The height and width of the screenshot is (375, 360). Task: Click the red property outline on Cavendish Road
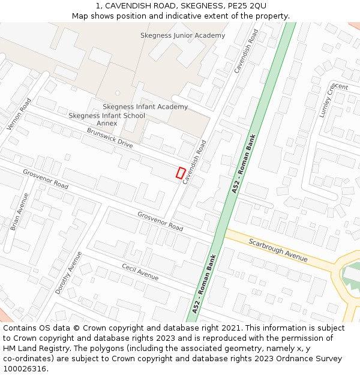tap(180, 173)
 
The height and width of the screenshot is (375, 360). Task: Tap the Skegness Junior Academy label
tap(182, 35)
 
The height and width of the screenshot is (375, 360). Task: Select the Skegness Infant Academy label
tap(145, 107)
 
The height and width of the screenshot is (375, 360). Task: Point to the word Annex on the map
tap(107, 124)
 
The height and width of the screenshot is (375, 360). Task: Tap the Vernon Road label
tap(19, 114)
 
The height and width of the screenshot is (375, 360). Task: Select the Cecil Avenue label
tap(140, 272)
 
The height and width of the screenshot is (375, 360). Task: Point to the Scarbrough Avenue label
tap(278, 250)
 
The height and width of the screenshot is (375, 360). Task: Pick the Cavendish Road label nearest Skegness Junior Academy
tap(246, 52)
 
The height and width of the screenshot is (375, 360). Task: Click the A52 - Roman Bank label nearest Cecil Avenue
tap(204, 283)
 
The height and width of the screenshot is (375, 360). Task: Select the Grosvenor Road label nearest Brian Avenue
tap(46, 179)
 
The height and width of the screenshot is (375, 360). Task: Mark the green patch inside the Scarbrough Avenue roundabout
tap(351, 274)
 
